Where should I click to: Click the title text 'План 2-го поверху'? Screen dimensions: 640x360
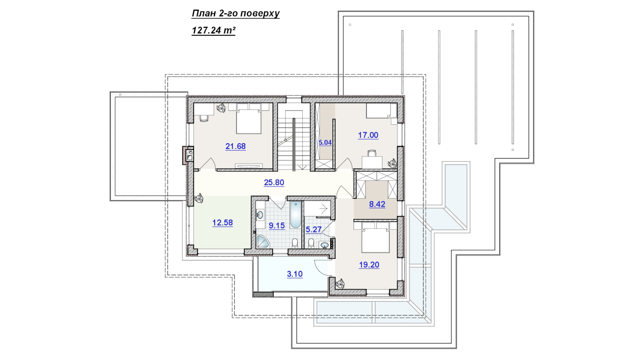point(235,14)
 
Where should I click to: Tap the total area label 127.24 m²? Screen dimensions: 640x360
point(213,30)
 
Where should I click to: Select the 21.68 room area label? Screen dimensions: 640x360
point(235,146)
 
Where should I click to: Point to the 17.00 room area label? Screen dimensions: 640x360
point(368,135)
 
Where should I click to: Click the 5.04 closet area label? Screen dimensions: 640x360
point(325,143)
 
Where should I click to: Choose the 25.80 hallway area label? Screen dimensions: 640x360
point(274,182)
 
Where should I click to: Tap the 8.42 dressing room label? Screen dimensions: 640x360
point(377,204)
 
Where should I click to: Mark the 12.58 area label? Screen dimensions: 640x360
point(223,223)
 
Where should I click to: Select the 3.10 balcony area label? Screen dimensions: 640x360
point(295,274)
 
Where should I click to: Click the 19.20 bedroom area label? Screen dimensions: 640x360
point(369,265)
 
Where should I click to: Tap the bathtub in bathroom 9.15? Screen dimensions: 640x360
point(295,215)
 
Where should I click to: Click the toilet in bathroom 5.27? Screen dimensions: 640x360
point(311,243)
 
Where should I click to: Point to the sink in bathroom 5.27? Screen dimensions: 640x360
point(325,246)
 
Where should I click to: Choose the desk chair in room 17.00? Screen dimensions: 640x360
point(372,153)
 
